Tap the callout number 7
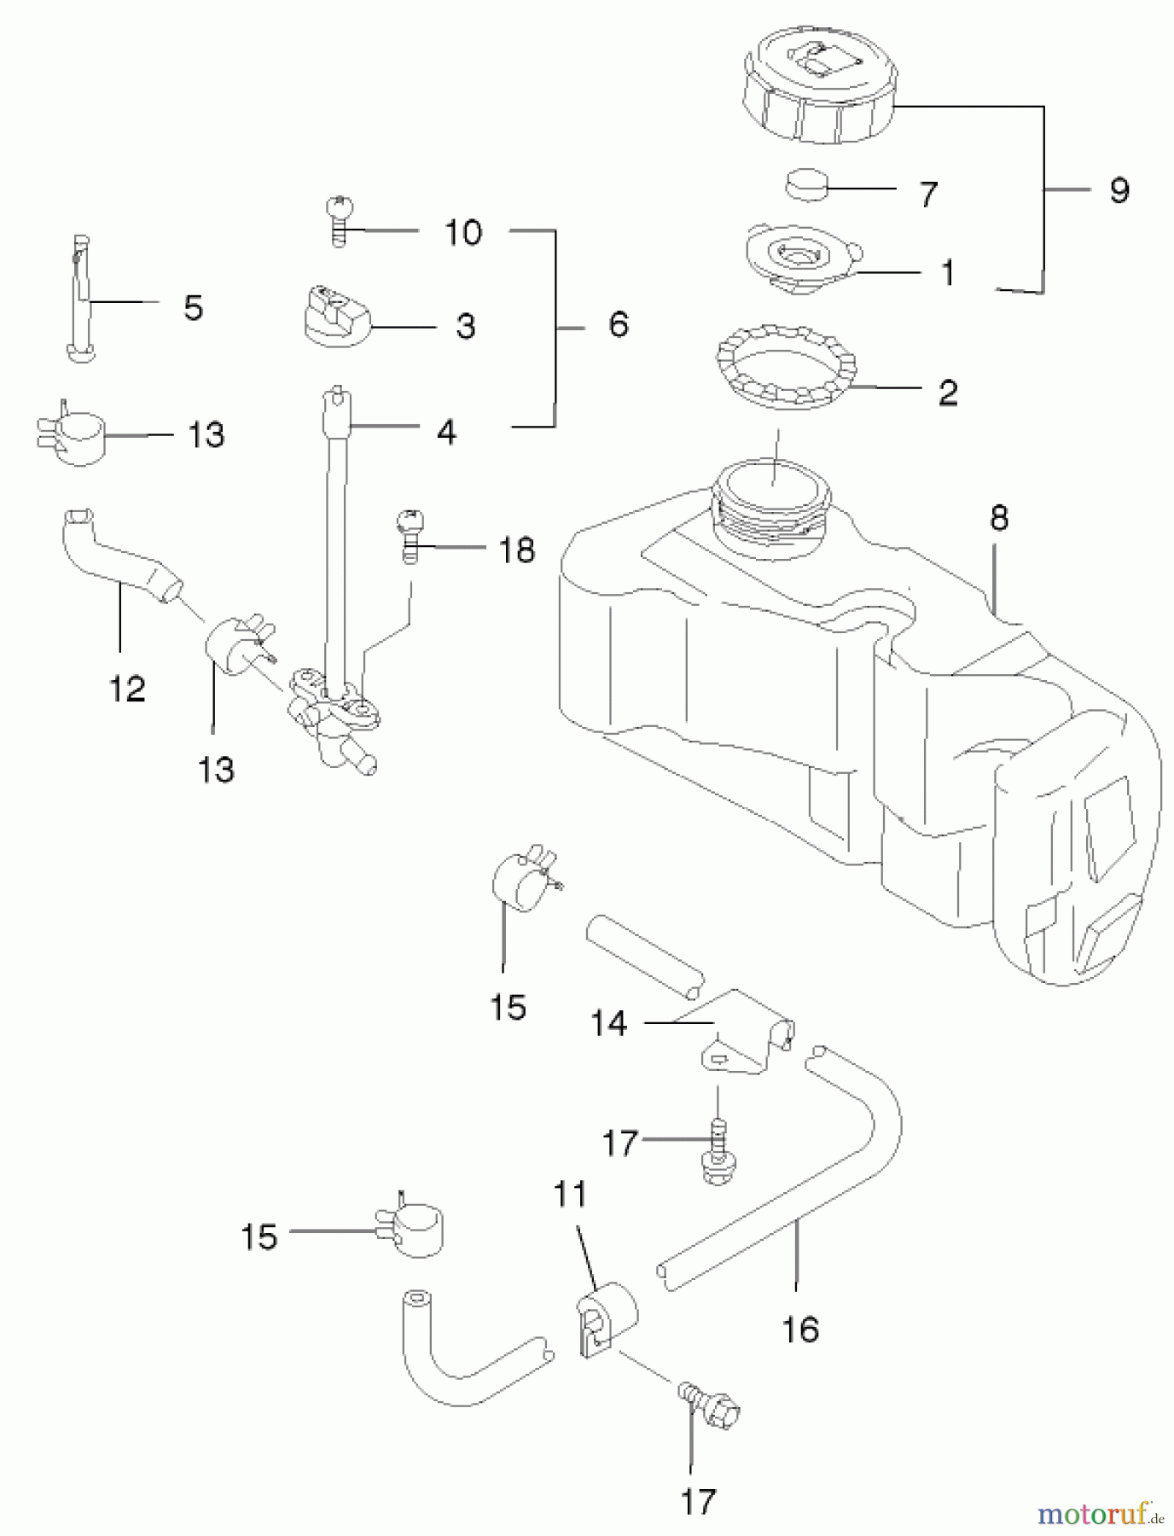928,195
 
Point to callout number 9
1119,190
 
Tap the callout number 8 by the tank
999,518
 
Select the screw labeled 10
340,220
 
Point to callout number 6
619,324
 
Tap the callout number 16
800,1329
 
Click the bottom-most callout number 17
698,1500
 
